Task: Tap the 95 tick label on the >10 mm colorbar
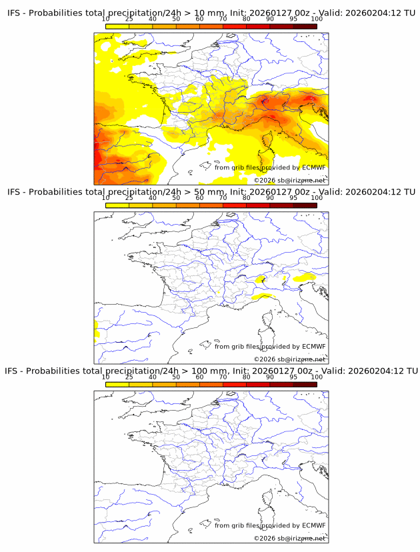[293, 19]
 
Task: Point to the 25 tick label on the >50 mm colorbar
[129, 198]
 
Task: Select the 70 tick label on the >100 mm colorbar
[223, 377]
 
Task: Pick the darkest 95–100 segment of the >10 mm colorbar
[305, 27]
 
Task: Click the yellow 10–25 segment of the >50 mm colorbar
[117, 205]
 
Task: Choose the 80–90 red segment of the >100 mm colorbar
[258, 384]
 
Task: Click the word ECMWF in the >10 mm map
[313, 167]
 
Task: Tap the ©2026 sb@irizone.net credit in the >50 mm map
[289, 359]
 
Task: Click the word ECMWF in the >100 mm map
[313, 525]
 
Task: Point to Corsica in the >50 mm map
[267, 326]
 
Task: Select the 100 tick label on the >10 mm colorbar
[317, 19]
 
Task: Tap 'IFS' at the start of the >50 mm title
[14, 192]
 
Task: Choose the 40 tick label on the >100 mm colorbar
[153, 377]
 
